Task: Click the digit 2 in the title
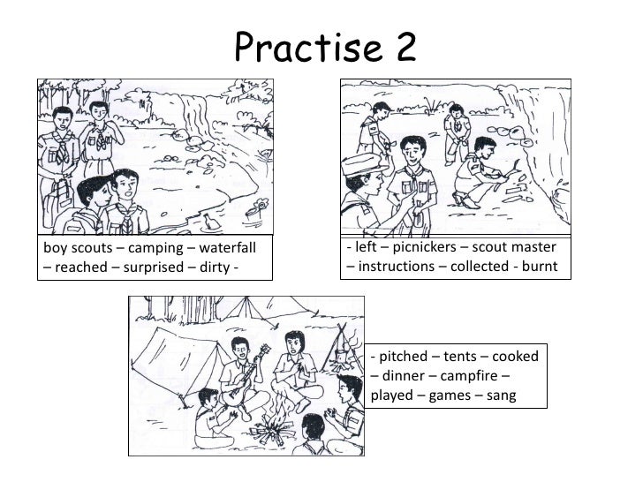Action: coord(401,46)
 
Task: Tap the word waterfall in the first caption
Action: coord(228,247)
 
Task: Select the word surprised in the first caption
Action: coord(154,267)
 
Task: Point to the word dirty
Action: coord(215,267)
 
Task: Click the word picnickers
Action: coord(425,247)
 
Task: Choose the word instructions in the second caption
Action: coord(396,267)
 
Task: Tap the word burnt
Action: coord(540,267)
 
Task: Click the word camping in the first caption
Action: coord(155,248)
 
